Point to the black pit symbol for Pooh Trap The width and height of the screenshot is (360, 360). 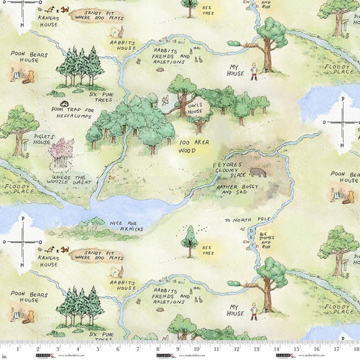pyautogui.click(x=63, y=103)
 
